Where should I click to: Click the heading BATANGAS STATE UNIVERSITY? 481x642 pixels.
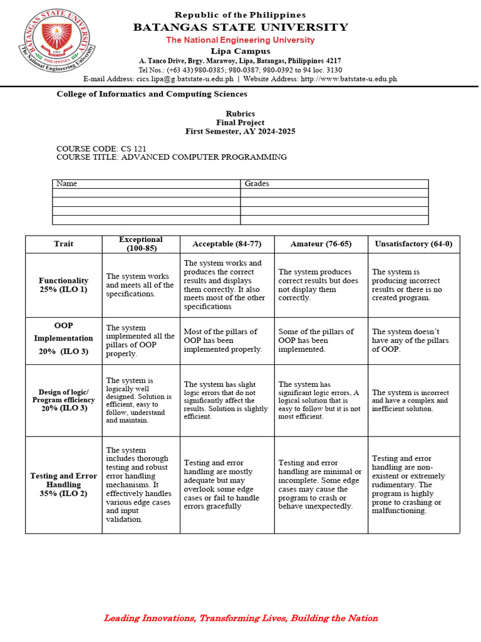coord(240,27)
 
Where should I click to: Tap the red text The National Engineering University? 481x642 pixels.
coord(240,40)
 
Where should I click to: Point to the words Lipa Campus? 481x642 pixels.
coord(240,51)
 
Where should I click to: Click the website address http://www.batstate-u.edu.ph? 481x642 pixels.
coord(349,79)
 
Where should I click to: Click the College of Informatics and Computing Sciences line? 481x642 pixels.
coord(152,94)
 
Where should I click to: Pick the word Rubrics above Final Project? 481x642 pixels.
coord(240,113)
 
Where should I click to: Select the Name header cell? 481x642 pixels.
coord(67,184)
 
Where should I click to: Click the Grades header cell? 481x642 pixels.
coord(257,184)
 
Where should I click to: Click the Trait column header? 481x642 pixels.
coord(63,244)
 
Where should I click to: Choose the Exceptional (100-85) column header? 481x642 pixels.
coord(141,244)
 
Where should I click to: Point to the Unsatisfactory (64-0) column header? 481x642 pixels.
coord(413,244)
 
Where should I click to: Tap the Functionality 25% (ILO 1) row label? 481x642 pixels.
coord(63,285)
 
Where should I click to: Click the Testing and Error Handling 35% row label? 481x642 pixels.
coord(63,485)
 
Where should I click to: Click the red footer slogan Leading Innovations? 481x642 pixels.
coord(240,618)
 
